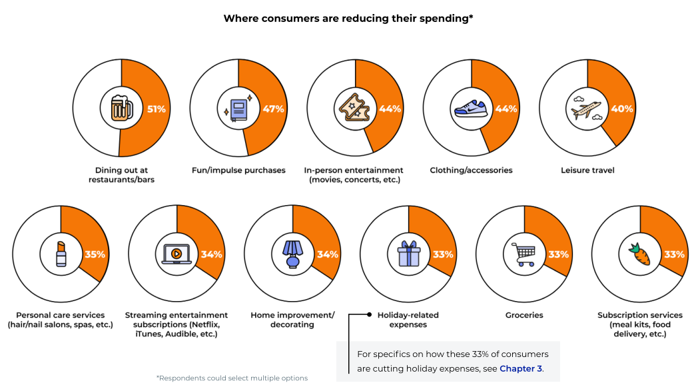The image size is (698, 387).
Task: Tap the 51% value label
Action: pyautogui.click(x=157, y=109)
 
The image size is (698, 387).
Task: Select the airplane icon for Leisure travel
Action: pyautogui.click(x=586, y=108)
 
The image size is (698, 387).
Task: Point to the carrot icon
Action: pyautogui.click(x=640, y=254)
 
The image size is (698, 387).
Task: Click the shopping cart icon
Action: pyautogui.click(x=523, y=254)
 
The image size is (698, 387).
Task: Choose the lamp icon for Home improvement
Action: pyautogui.click(x=292, y=254)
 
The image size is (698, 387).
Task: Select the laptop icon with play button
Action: pyautogui.click(x=176, y=254)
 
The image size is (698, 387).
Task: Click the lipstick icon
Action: pyautogui.click(x=61, y=254)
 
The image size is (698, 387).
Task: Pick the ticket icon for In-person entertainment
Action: pyautogui.click(x=354, y=109)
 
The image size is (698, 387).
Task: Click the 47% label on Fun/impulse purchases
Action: pyautogui.click(x=274, y=109)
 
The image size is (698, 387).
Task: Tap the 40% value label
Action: pyautogui.click(x=621, y=109)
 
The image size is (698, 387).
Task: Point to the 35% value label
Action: pyautogui.click(x=96, y=254)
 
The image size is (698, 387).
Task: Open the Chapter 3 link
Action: pyautogui.click(x=521, y=368)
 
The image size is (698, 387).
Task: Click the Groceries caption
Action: pyautogui.click(x=523, y=315)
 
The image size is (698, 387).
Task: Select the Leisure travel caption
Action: pyautogui.click(x=587, y=171)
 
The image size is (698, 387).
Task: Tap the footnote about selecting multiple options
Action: pyautogui.click(x=232, y=378)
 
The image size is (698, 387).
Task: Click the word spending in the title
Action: pyautogui.click(x=445, y=19)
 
